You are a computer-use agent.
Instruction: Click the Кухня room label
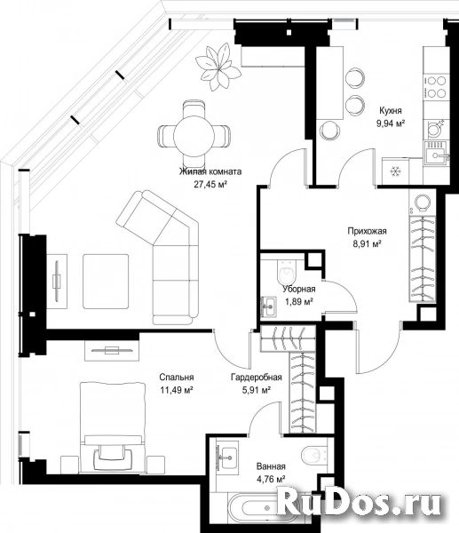(x=391, y=110)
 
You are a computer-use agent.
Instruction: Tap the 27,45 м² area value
(x=210, y=185)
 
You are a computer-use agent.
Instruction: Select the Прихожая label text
(x=367, y=231)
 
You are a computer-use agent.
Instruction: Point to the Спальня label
(x=177, y=377)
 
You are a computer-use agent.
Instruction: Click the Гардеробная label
(x=257, y=377)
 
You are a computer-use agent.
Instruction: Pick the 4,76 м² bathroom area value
(x=271, y=480)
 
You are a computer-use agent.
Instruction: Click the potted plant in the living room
(x=218, y=67)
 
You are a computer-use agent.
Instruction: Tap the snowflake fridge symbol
(x=395, y=171)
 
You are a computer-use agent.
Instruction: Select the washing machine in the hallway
(x=422, y=202)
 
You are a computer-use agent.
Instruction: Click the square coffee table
(x=106, y=281)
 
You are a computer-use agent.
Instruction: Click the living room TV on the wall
(x=57, y=281)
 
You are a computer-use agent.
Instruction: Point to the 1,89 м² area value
(x=298, y=301)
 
